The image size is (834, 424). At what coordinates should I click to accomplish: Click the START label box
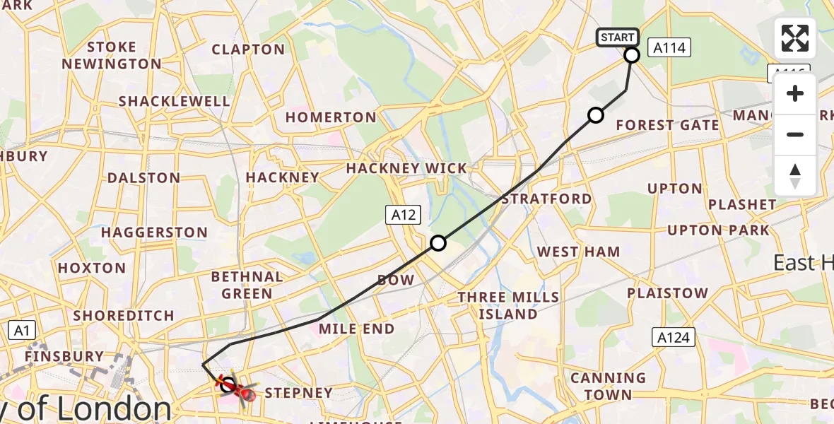(x=618, y=37)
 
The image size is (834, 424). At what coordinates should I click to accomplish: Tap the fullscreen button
(x=795, y=38)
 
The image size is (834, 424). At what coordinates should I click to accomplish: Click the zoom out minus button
(x=795, y=134)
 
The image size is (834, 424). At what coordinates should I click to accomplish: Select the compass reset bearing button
(x=795, y=175)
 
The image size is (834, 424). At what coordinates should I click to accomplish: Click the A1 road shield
(x=22, y=330)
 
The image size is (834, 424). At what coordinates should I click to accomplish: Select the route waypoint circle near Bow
(x=438, y=243)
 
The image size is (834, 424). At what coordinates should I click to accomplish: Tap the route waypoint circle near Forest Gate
(x=596, y=115)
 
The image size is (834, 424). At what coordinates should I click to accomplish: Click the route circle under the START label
(x=632, y=55)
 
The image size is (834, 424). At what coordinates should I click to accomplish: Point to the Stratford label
(x=546, y=199)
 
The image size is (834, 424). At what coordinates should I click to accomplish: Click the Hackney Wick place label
(x=406, y=168)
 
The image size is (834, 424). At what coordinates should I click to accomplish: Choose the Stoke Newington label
(x=112, y=56)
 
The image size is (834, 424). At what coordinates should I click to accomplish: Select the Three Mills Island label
(x=507, y=305)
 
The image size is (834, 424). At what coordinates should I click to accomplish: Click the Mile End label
(x=356, y=329)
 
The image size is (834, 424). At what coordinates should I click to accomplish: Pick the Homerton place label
(x=331, y=117)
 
